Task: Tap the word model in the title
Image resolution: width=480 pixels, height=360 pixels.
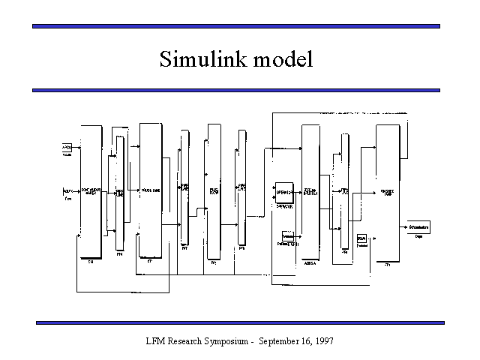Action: (x=282, y=59)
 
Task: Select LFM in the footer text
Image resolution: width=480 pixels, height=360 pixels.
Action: (x=156, y=341)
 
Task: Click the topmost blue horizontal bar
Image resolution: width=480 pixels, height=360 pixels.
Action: (x=235, y=26)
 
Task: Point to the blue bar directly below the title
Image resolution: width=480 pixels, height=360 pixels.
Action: (x=235, y=90)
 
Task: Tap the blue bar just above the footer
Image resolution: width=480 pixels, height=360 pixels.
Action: (x=240, y=322)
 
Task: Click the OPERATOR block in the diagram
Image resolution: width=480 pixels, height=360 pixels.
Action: (x=284, y=191)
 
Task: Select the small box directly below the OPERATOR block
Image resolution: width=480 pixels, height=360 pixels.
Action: (x=287, y=236)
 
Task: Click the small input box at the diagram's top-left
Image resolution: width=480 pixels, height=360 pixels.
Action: (x=67, y=148)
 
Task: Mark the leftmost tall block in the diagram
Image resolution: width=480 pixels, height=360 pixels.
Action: (x=90, y=191)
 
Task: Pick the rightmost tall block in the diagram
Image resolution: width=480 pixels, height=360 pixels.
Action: (x=388, y=191)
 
